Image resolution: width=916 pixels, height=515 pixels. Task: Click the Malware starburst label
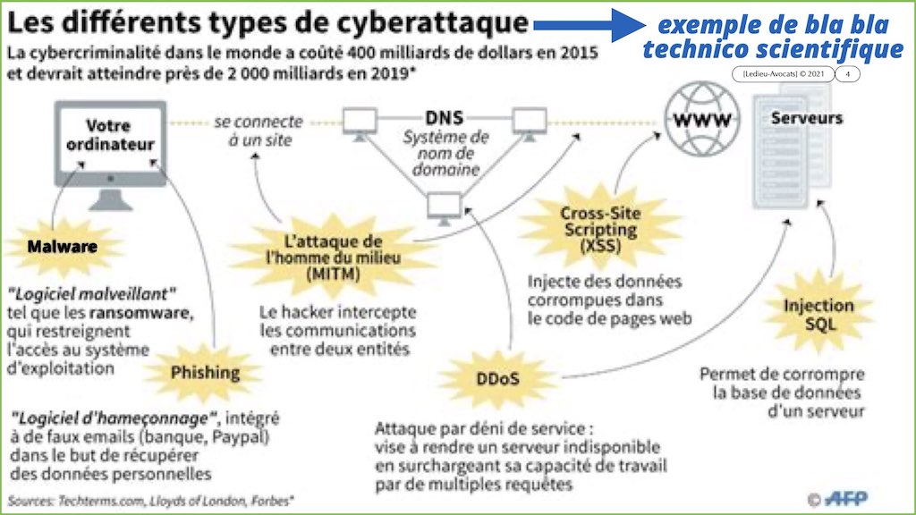(63, 247)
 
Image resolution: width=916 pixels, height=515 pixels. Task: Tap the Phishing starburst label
(205, 373)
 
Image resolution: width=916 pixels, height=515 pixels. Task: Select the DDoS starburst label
(497, 379)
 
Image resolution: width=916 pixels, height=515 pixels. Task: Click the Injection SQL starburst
(819, 314)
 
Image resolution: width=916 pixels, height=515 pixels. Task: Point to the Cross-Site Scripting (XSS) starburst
(600, 229)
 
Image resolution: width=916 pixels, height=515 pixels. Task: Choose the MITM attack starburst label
(334, 257)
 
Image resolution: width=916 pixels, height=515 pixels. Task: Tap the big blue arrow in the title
(590, 24)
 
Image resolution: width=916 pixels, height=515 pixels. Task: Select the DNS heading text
(444, 118)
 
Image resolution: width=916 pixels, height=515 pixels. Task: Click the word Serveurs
(807, 118)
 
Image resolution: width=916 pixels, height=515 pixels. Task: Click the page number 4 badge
(848, 74)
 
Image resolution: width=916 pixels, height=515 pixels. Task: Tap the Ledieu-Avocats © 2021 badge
(783, 74)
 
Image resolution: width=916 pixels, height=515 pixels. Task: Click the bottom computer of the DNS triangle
(444, 208)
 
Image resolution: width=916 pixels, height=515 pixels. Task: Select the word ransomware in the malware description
(140, 313)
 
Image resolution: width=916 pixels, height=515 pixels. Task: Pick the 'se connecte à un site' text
(259, 131)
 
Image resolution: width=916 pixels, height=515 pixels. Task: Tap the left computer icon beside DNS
(360, 123)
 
